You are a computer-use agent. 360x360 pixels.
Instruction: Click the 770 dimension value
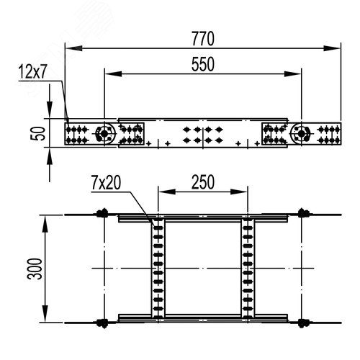(x=203, y=39)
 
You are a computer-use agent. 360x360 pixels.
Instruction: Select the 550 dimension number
(x=203, y=64)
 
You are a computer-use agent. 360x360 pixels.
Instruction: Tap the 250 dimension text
(x=203, y=182)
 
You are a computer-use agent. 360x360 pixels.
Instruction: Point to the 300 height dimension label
(x=35, y=269)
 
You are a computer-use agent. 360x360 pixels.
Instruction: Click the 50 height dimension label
(x=38, y=134)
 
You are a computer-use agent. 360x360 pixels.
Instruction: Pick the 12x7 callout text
(x=32, y=71)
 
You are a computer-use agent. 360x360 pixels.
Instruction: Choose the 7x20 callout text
(x=106, y=183)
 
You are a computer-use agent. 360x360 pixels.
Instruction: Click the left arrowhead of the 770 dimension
(x=73, y=48)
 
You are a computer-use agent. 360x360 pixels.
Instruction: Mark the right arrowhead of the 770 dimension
(x=332, y=48)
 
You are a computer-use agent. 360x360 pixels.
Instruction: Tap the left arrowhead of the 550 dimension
(x=113, y=73)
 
